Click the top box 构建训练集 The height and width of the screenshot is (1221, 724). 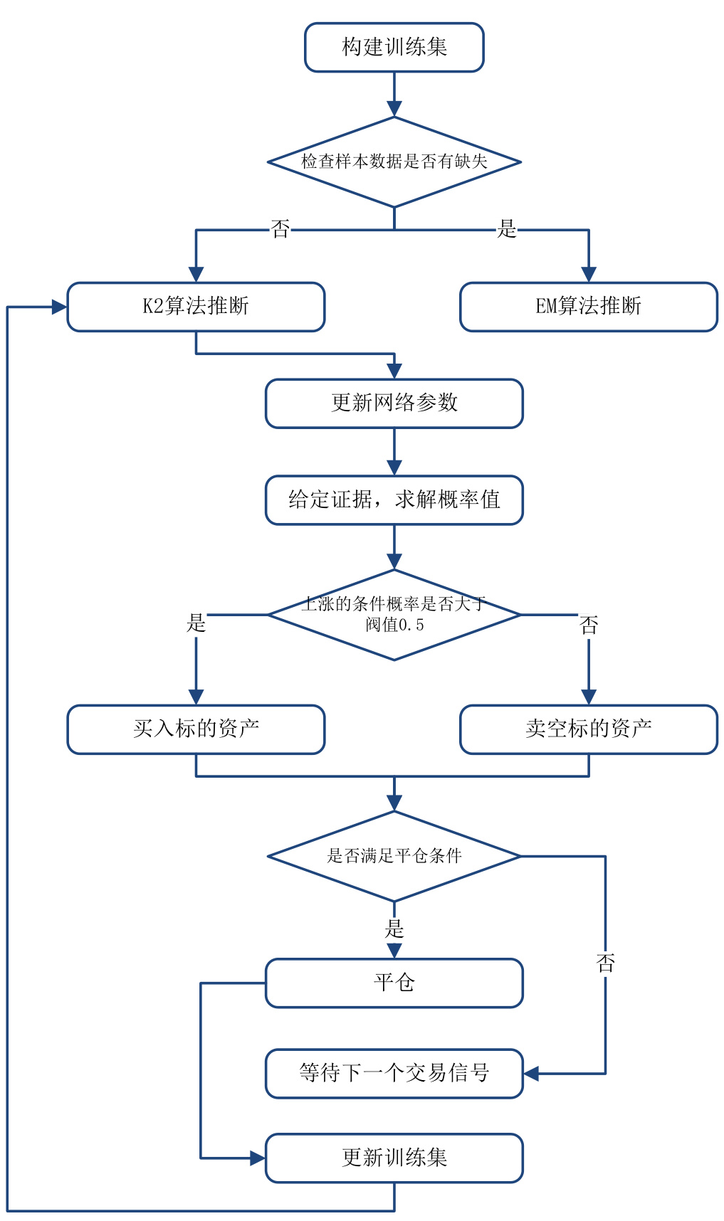pyautogui.click(x=394, y=48)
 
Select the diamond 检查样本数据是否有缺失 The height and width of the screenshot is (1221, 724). pyautogui.click(x=394, y=162)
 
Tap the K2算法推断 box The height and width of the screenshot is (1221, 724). pyautogui.click(x=196, y=307)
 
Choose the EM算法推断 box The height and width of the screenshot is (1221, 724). pyautogui.click(x=588, y=307)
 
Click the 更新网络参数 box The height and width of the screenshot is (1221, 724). pyautogui.click(x=394, y=403)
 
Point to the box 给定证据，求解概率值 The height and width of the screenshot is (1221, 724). pyautogui.click(x=394, y=500)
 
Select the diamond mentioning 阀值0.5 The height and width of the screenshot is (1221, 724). pyautogui.click(x=394, y=615)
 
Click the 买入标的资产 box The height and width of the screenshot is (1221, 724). pyautogui.click(x=196, y=729)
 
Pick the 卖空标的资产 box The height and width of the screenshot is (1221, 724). pyautogui.click(x=588, y=729)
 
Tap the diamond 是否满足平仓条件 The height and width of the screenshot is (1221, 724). pyautogui.click(x=394, y=856)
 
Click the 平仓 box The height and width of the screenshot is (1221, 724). pyautogui.click(x=394, y=983)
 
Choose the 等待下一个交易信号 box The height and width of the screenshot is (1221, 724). pyautogui.click(x=394, y=1073)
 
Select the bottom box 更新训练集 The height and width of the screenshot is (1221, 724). pyautogui.click(x=394, y=1158)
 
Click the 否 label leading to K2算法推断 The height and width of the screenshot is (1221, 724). pyautogui.click(x=280, y=229)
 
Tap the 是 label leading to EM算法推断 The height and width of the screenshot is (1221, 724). pyautogui.click(x=506, y=229)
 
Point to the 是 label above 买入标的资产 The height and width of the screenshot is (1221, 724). pyautogui.click(x=196, y=623)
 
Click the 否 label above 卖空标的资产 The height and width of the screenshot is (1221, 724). pyautogui.click(x=589, y=625)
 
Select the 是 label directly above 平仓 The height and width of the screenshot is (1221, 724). pyautogui.click(x=394, y=929)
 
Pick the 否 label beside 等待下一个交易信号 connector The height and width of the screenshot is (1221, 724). pyautogui.click(x=605, y=963)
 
